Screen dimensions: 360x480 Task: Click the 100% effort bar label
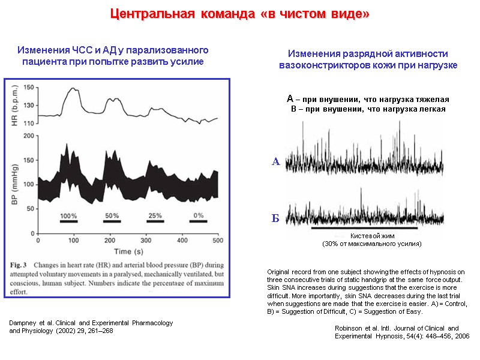(68, 215)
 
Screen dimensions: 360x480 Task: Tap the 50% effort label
(112, 215)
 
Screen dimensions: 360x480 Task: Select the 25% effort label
(155, 215)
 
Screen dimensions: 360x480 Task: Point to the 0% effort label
(199, 215)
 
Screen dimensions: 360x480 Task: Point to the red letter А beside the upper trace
(276, 161)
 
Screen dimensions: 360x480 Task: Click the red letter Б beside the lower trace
(276, 218)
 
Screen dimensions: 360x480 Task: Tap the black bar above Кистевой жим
(364, 228)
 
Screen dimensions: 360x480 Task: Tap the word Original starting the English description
(279, 272)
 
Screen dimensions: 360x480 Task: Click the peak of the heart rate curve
(73, 89)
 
